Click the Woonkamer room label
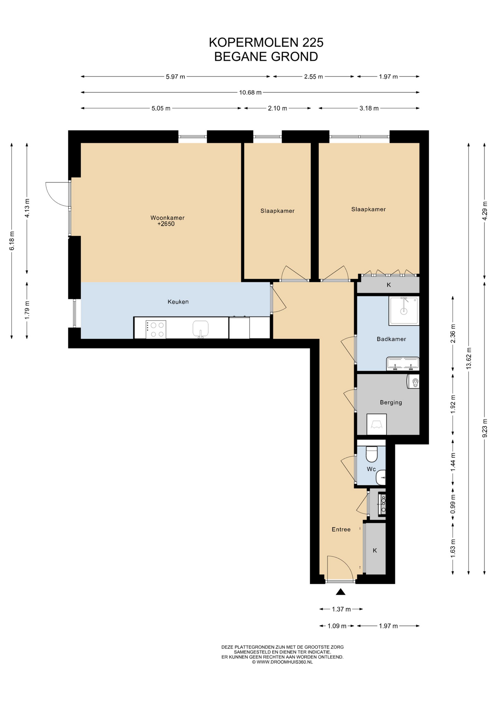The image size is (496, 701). (167, 218)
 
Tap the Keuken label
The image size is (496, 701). (178, 302)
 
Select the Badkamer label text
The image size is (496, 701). (391, 339)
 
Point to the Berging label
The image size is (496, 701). (391, 402)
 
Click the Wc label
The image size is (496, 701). (371, 469)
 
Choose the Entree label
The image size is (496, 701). (341, 529)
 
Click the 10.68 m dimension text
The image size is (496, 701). (250, 92)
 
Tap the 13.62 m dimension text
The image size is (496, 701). (469, 358)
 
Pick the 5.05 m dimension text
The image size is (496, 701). (161, 108)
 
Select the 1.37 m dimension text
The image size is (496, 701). (341, 609)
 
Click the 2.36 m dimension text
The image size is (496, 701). (453, 334)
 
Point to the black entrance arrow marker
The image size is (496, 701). (340, 592)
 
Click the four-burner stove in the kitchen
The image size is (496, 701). (156, 329)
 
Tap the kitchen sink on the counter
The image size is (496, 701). (201, 329)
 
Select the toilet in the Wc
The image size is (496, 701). (371, 454)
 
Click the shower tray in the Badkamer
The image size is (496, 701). (404, 311)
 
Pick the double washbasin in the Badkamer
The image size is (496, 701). (402, 364)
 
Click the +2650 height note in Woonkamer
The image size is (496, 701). (166, 224)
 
